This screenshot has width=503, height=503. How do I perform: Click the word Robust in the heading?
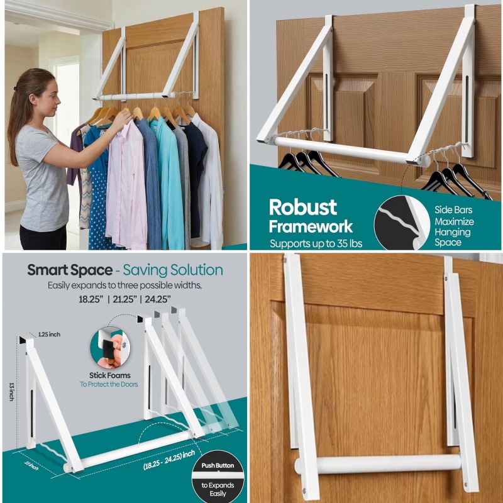303,207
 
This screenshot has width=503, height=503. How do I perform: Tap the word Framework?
311,226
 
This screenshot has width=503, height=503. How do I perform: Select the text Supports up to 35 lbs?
316,244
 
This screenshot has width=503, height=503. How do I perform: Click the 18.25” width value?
91,299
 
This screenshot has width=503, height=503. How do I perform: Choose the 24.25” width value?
158,299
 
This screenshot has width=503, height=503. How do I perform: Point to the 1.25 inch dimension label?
50,334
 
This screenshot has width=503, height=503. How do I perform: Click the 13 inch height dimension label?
12,392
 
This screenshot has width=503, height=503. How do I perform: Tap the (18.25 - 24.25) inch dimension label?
169,460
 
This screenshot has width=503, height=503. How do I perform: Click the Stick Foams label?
109,375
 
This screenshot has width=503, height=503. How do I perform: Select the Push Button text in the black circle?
218,465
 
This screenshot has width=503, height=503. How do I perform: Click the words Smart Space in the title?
70,270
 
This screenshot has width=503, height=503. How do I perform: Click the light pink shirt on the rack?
126,186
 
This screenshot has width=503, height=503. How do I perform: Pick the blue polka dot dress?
99,192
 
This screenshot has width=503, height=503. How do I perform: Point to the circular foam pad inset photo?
110,348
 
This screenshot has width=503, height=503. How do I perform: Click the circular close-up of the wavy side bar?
402,223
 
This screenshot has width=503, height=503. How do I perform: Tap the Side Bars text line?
453,210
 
